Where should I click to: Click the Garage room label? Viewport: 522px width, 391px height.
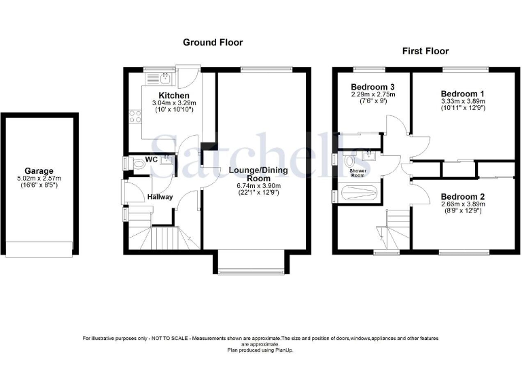(39, 172)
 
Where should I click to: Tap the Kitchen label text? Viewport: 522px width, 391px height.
(174, 95)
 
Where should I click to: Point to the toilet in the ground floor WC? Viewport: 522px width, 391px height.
(138, 164)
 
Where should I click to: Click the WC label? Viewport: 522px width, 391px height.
(152, 160)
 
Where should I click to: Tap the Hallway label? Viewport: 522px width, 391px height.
(160, 197)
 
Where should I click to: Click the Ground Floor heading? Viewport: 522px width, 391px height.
(213, 42)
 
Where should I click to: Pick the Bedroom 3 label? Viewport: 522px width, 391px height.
(372, 87)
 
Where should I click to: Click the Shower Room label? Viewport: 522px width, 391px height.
(358, 174)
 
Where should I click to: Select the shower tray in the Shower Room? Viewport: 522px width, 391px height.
(358, 193)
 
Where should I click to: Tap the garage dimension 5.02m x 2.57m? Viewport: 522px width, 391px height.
(39, 180)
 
